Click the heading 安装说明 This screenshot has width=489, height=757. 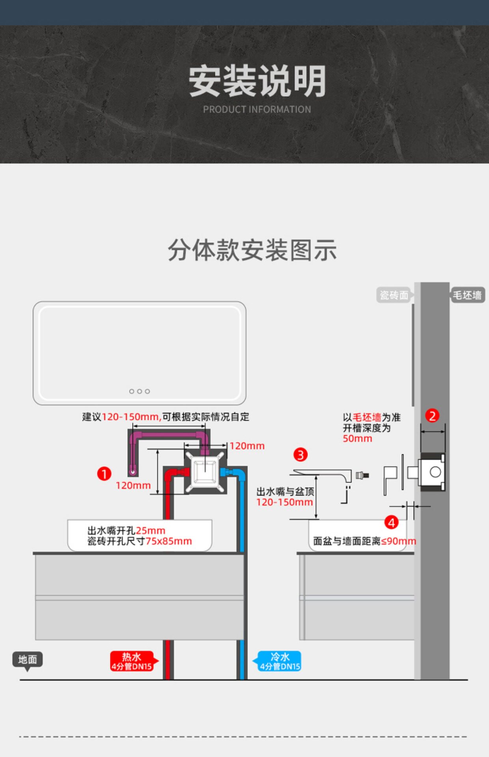(257, 81)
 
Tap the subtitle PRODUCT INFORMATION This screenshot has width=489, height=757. (257, 110)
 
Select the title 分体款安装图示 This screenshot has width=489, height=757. (252, 250)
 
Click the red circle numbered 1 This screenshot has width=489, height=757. (104, 474)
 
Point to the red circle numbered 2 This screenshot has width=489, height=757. (432, 416)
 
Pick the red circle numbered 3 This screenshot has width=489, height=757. (300, 455)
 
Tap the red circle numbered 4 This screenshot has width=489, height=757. (391, 523)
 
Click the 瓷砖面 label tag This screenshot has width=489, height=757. (394, 295)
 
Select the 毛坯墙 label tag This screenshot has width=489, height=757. (467, 295)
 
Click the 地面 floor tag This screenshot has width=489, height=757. (28, 659)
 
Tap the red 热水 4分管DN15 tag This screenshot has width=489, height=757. (132, 661)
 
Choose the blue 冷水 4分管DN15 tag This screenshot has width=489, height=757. (280, 661)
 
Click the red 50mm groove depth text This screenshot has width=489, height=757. (357, 438)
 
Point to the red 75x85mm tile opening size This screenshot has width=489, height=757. (169, 541)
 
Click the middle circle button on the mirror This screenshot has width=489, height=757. (140, 392)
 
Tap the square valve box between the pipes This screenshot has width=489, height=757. (205, 472)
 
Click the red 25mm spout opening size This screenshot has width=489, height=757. (150, 531)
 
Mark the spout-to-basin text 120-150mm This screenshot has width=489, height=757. (284, 502)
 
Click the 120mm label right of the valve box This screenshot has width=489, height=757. (247, 446)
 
